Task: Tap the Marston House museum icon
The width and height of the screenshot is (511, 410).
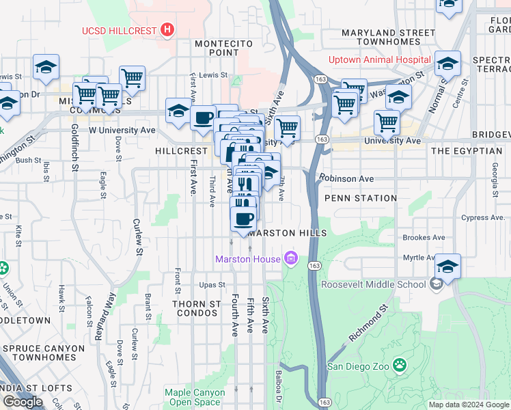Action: [292, 258]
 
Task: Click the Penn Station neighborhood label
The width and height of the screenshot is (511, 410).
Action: [361, 198]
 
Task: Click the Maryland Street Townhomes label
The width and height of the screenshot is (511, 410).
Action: [388, 37]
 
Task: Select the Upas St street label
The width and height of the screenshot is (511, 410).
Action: [212, 284]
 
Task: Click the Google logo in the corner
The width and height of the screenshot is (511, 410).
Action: [23, 402]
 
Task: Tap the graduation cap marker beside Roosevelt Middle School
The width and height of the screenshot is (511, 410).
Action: [447, 266]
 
